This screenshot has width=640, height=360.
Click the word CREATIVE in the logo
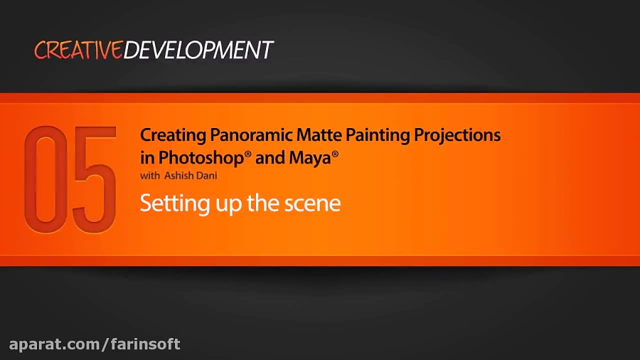click(78, 51)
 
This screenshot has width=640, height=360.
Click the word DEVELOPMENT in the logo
click(198, 51)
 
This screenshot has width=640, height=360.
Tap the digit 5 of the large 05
click(94, 181)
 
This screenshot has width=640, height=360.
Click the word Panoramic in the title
click(240, 134)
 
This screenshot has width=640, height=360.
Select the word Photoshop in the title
click(201, 158)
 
